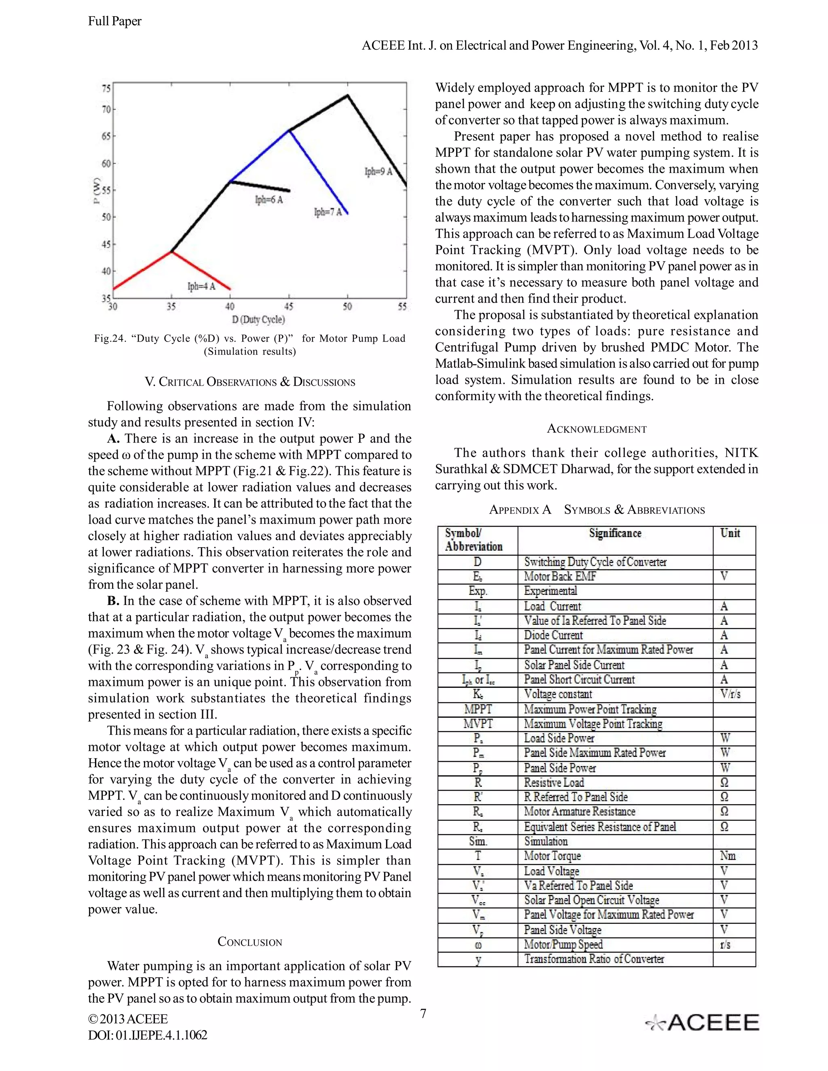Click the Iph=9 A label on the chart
coord(378,172)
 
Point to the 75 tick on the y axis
coord(106,89)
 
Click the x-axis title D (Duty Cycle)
coord(258,320)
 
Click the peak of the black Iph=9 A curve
coord(347,95)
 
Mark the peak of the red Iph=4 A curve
coord(171,251)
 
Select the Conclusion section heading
coord(250,942)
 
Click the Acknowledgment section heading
coord(596,429)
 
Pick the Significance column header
coord(615,533)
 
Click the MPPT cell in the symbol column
coord(478,709)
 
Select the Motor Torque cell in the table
coord(552,856)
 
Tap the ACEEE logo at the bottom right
coord(702,1023)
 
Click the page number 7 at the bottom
coord(423,1013)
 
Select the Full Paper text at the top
coord(115,21)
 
